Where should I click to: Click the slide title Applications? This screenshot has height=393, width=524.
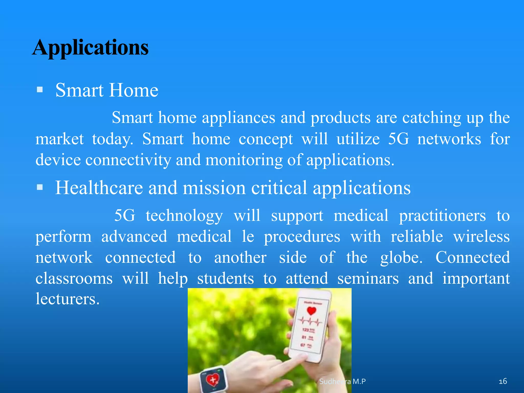[90, 48]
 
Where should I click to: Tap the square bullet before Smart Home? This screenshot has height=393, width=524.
[40, 90]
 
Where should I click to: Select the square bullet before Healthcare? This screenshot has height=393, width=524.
[40, 187]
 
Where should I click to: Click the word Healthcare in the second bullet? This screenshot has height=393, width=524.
[99, 188]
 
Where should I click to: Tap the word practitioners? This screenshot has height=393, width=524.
[442, 216]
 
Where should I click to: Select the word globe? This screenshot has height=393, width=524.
[401, 258]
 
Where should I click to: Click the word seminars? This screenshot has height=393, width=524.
[368, 278]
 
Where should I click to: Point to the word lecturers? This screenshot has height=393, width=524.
[67, 299]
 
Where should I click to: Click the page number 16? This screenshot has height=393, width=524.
[503, 381]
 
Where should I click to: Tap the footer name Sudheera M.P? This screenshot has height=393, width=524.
[342, 381]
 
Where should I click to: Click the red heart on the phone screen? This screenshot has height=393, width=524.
[311, 311]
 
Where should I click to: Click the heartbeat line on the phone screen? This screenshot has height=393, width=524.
[310, 321]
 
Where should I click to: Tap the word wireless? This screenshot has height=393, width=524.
[481, 236]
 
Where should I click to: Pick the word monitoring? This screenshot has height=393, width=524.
[244, 160]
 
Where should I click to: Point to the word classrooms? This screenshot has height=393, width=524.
[74, 278]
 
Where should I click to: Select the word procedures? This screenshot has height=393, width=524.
[302, 237]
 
